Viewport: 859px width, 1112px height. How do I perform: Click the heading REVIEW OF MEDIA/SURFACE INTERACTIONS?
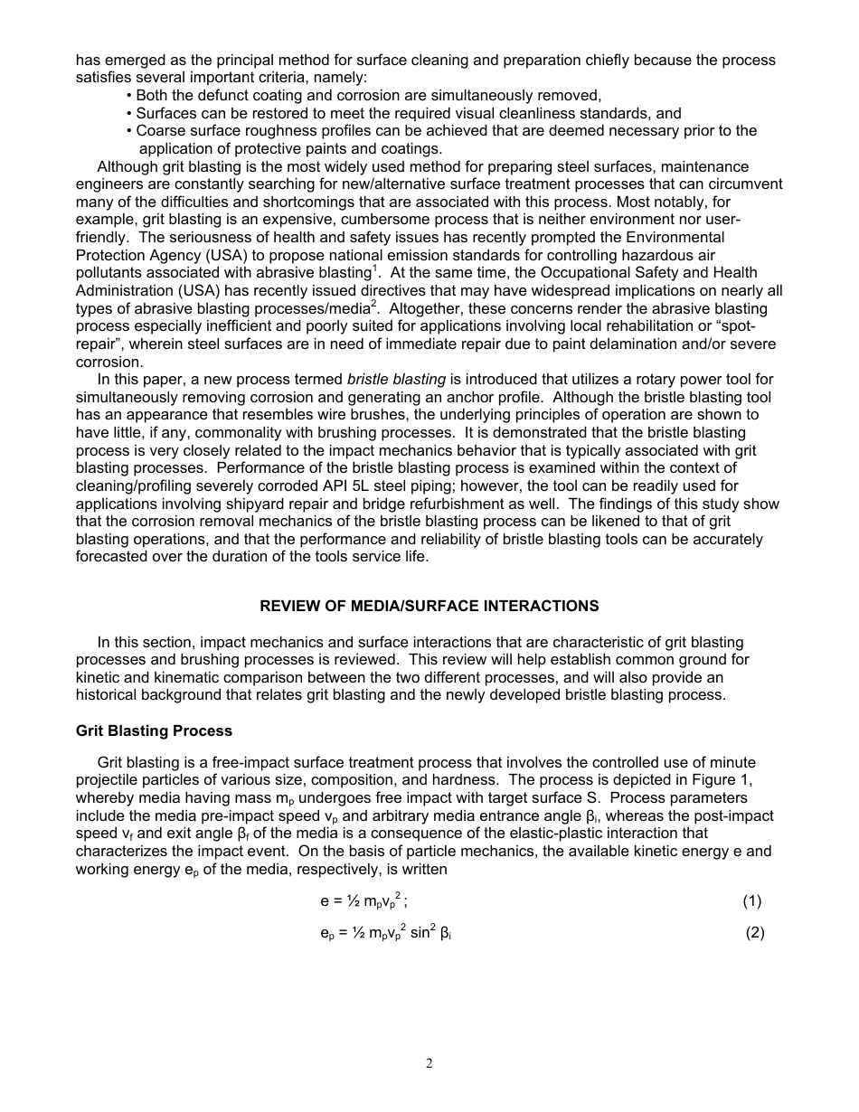[x=429, y=606]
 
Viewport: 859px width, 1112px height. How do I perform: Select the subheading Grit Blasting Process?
[x=154, y=730]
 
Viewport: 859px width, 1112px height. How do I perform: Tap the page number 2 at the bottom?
[x=429, y=1063]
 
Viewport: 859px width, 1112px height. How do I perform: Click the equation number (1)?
[x=751, y=900]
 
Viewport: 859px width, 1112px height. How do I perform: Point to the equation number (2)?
[x=755, y=933]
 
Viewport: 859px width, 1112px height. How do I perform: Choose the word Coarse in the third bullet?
[x=160, y=131]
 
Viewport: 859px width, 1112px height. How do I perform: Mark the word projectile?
[x=109, y=780]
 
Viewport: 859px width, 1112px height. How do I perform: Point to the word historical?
[x=109, y=695]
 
